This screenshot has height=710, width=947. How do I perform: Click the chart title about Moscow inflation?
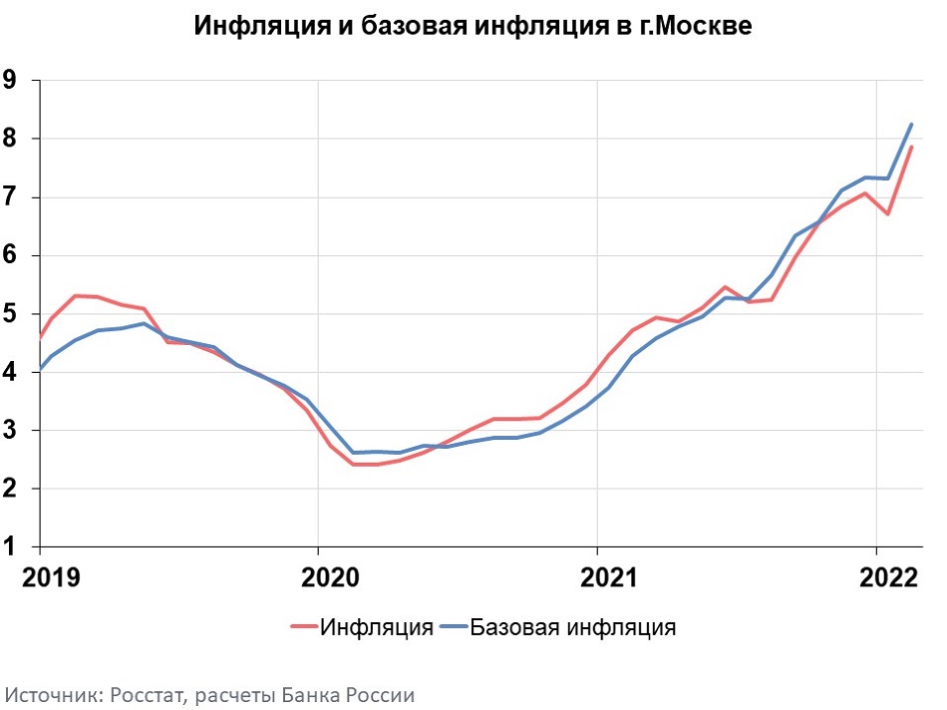pyautogui.click(x=473, y=27)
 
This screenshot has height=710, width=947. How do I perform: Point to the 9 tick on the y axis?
pyautogui.click(x=11, y=81)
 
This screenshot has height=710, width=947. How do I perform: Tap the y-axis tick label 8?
pyautogui.click(x=11, y=139)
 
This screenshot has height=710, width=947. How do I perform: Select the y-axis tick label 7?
pyautogui.click(x=11, y=197)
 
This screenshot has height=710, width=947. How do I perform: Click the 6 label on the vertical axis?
pyautogui.click(x=11, y=255)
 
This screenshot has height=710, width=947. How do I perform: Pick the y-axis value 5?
pyautogui.click(x=11, y=314)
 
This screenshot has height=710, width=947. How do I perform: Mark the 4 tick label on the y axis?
pyautogui.click(x=11, y=372)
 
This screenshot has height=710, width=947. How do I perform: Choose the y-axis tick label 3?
pyautogui.click(x=11, y=431)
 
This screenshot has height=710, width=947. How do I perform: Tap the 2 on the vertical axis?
pyautogui.click(x=11, y=489)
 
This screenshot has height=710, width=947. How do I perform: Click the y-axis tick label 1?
pyautogui.click(x=11, y=546)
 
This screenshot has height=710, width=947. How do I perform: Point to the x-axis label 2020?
pyautogui.click(x=317, y=577)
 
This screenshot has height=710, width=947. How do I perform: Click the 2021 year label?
pyautogui.click(x=596, y=577)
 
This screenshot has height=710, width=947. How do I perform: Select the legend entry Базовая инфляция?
pyautogui.click(x=572, y=627)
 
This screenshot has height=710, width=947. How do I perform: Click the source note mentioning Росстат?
pyautogui.click(x=209, y=695)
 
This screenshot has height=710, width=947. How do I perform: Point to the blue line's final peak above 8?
pyautogui.click(x=911, y=125)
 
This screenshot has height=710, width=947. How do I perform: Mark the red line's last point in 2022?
pyautogui.click(x=911, y=148)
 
